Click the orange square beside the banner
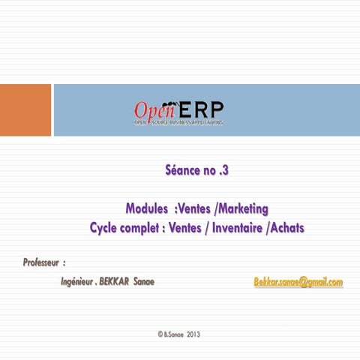point(25,109)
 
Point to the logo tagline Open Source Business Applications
point(178,121)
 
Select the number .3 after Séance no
point(223,170)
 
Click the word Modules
point(146,208)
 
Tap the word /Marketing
point(239,208)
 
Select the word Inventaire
point(235,226)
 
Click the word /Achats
point(286,226)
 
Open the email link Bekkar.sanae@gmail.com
point(298,282)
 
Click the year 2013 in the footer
point(193,333)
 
